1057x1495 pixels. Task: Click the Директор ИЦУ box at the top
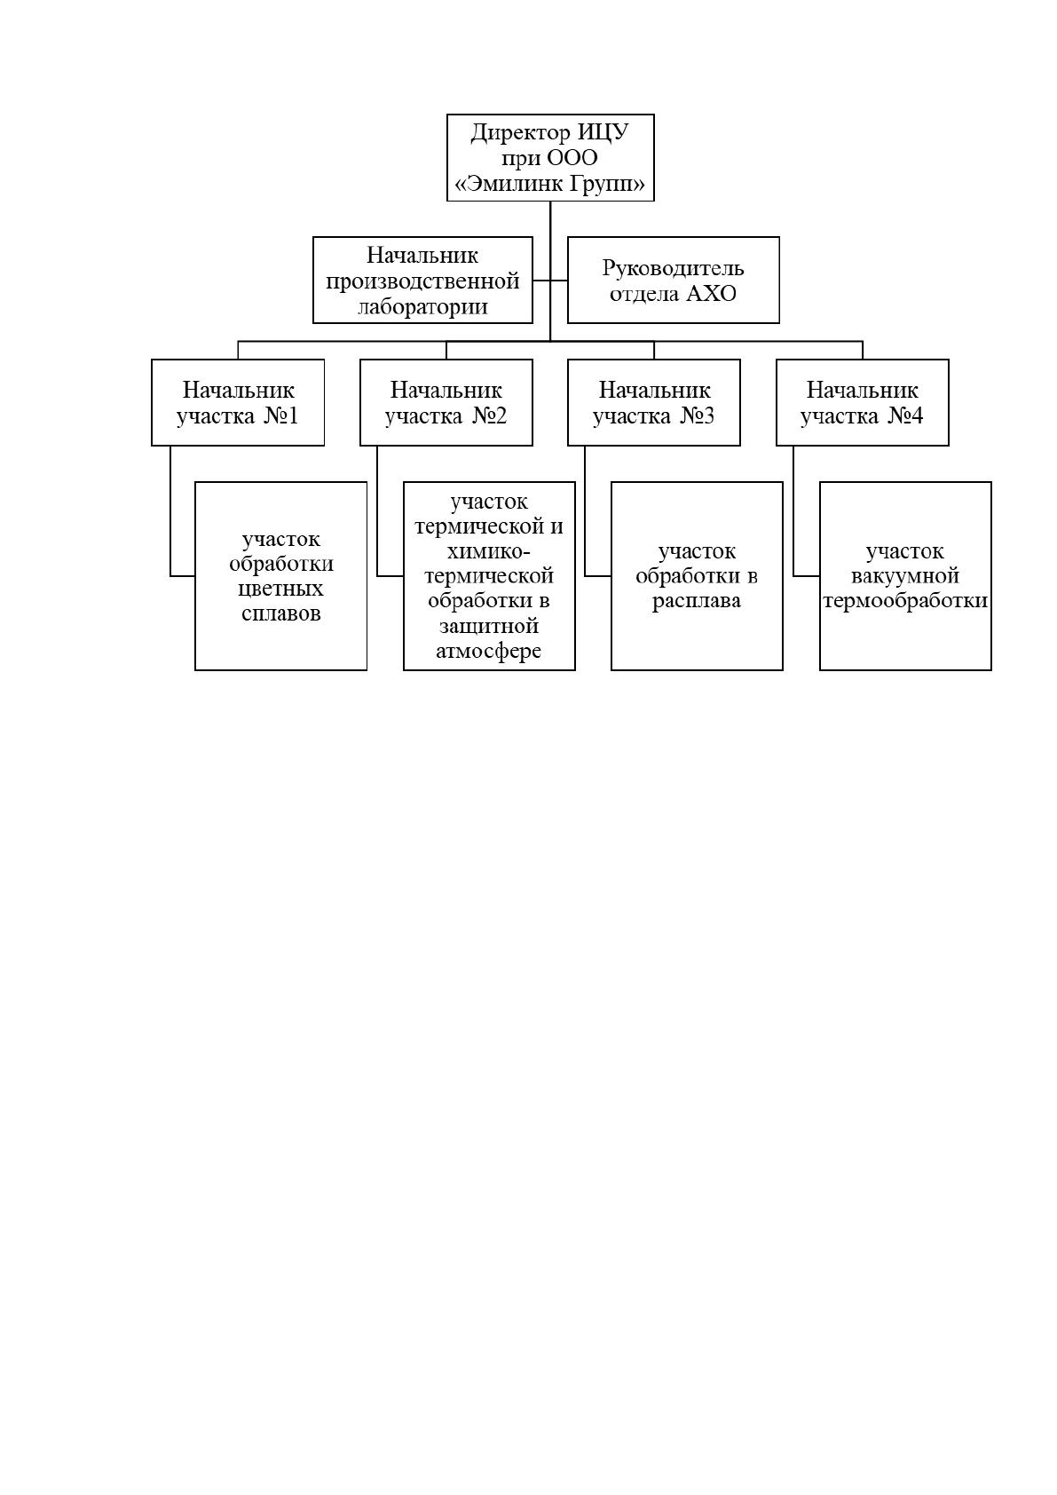point(550,157)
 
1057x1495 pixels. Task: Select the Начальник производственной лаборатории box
point(422,281)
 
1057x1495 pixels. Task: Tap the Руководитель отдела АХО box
point(674,281)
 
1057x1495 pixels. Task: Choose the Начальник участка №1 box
point(238,402)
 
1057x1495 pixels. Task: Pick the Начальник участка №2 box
point(446,402)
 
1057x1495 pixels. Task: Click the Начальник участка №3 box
point(654,402)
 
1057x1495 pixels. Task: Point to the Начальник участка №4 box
point(862,402)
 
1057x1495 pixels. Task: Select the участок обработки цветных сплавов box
point(281,576)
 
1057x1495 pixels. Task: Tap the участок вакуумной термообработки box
point(905,576)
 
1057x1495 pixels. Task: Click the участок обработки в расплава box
point(697,576)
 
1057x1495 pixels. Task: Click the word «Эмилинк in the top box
point(509,184)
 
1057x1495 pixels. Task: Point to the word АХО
point(712,294)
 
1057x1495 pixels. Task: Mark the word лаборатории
point(422,307)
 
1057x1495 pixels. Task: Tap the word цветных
point(281,589)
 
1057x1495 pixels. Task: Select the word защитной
point(489,626)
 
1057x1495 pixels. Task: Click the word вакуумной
point(905,576)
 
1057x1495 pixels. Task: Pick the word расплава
point(697,601)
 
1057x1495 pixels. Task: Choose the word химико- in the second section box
point(489,551)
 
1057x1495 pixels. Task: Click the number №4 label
point(905,415)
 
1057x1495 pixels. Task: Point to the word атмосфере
point(489,651)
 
